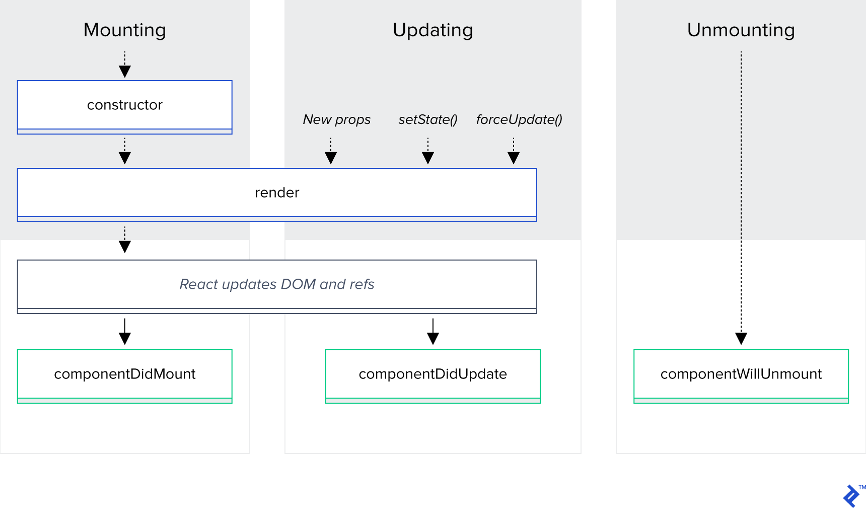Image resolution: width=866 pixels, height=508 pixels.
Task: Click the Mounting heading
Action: tap(124, 30)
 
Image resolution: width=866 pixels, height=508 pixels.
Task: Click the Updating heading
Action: tap(432, 30)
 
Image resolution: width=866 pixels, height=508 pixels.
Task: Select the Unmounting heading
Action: tap(741, 30)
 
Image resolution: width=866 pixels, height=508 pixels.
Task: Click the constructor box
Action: tap(124, 105)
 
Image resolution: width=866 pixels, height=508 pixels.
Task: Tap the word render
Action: tap(277, 193)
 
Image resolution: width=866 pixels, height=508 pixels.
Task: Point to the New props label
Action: tap(336, 119)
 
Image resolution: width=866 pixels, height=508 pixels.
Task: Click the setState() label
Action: tap(427, 119)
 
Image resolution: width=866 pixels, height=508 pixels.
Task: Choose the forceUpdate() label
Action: tap(519, 119)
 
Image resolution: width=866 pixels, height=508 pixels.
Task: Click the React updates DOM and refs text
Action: tap(277, 284)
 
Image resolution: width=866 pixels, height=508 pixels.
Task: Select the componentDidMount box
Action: tap(124, 374)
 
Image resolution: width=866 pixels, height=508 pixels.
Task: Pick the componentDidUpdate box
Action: tap(432, 374)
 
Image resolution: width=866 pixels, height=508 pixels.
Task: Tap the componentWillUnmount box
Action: tap(741, 374)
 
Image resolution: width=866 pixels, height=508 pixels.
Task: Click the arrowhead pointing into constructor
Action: tap(125, 72)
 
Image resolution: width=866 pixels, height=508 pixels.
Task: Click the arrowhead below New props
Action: tap(331, 158)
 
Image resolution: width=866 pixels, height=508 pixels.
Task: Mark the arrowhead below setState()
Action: tap(428, 158)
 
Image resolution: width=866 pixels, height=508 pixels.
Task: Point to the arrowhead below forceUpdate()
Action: tap(514, 158)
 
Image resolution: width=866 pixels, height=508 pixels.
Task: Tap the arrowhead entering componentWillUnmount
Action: tap(741, 338)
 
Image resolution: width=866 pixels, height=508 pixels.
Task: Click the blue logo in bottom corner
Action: tap(851, 496)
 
